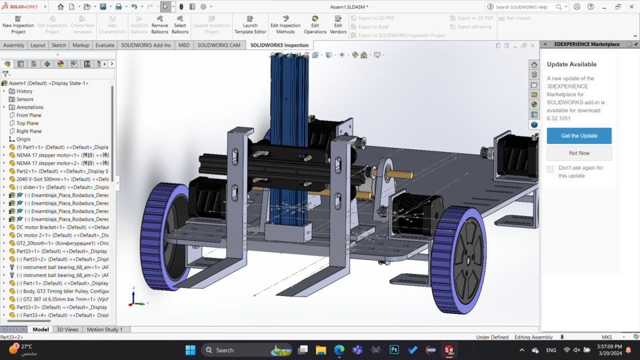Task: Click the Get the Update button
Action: coord(579,135)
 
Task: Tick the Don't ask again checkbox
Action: coord(550,169)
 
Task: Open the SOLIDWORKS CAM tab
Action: coord(219,45)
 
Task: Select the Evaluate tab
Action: coord(105,45)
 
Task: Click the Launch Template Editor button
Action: coord(250,25)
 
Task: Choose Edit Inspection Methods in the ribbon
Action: coord(285,25)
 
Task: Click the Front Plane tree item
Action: coord(29,115)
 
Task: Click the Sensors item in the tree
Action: coord(25,99)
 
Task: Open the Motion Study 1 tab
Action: coord(104,329)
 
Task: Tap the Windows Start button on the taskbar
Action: coord(190,350)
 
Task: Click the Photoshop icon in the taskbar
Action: coord(394,350)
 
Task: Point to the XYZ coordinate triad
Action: coord(136,300)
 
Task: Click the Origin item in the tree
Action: coord(23,139)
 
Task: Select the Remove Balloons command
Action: coord(160,25)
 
